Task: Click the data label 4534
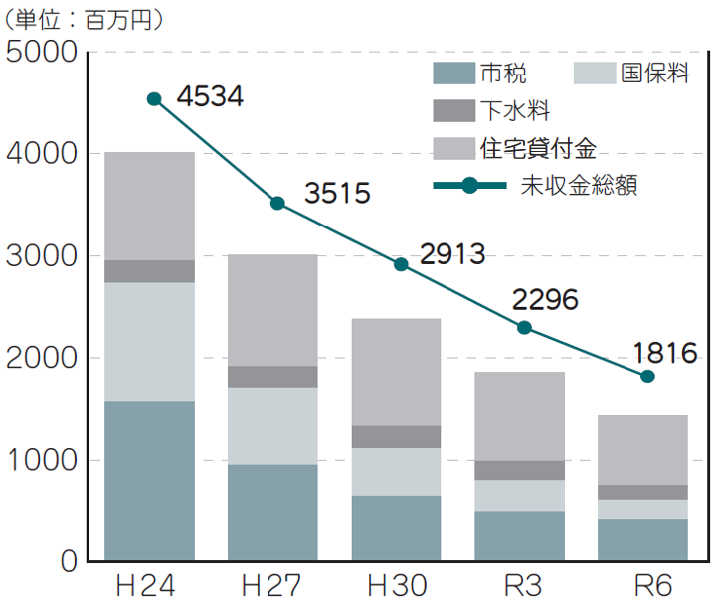210,96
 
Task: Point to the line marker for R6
647,376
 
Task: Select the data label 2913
452,254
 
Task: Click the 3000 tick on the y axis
42,255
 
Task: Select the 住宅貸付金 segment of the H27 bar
273,310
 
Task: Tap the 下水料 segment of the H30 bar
397,436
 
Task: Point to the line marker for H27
277,203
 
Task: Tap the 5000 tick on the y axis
42,51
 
